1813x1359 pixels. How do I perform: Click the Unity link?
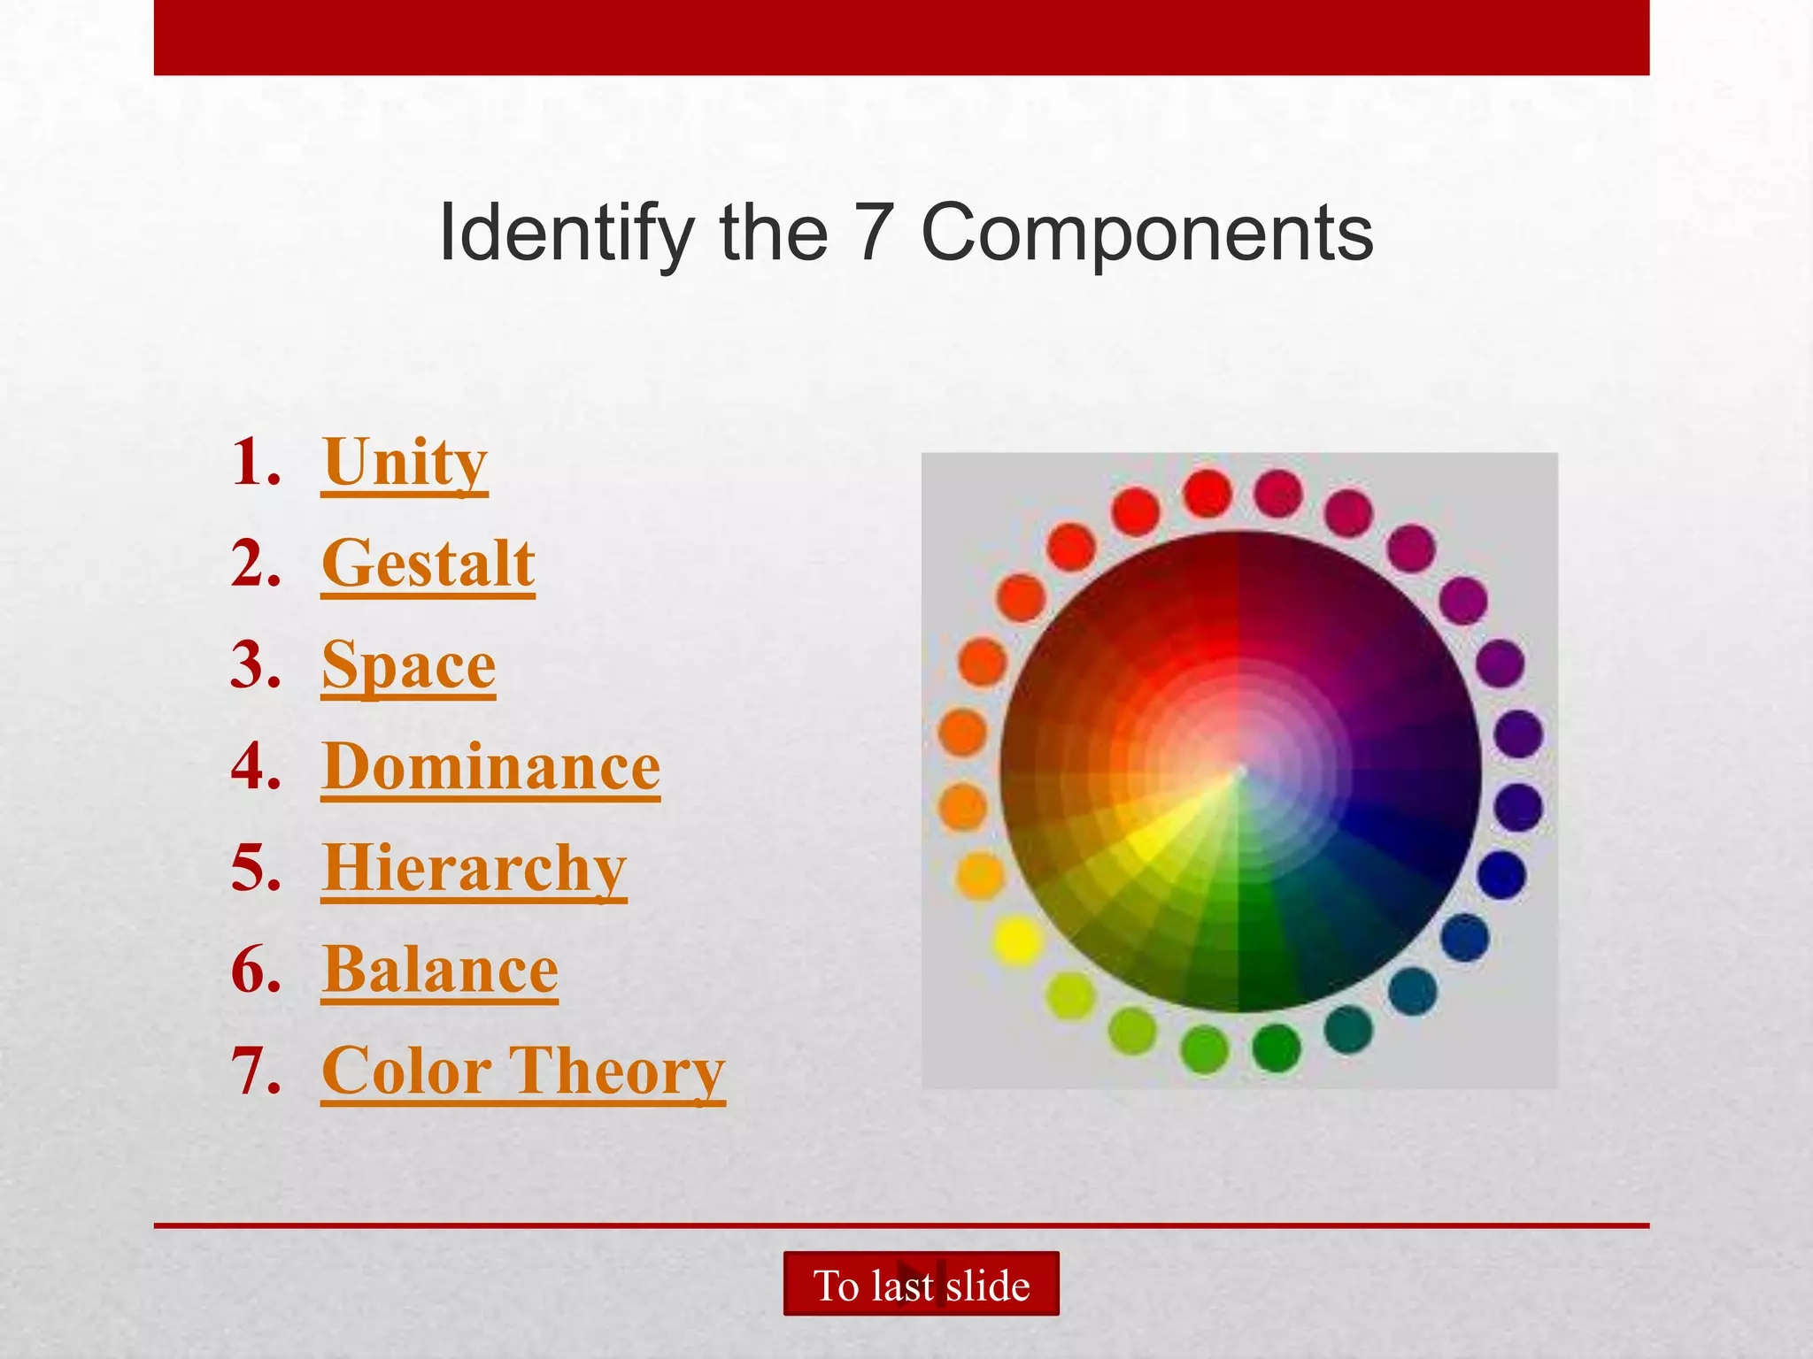point(405,463)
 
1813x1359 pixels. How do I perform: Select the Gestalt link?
point(428,564)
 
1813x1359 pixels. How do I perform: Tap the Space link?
point(408,665)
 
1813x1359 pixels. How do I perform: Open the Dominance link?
point(490,767)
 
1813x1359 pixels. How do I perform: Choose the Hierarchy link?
point(474,869)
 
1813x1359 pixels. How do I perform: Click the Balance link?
point(440,971)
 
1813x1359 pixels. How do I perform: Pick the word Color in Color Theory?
point(405,1071)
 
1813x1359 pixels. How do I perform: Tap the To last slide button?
point(921,1284)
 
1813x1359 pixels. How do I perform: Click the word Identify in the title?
point(567,233)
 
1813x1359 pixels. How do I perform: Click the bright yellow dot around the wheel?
point(1016,940)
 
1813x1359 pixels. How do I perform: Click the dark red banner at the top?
point(901,37)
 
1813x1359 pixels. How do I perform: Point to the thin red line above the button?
point(901,1225)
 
